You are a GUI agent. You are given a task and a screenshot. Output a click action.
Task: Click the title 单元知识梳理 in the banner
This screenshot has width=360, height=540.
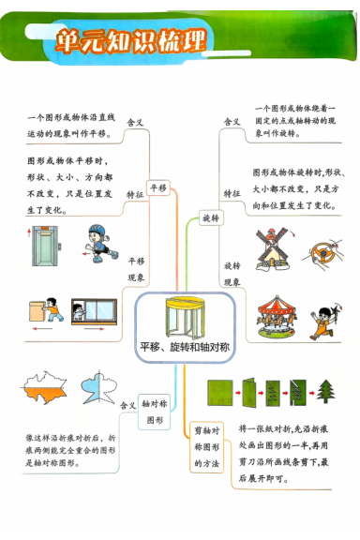(x=131, y=39)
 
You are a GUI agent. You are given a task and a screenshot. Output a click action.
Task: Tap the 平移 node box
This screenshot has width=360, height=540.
(x=157, y=187)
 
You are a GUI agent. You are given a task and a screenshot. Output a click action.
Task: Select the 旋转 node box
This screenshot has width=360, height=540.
(x=211, y=218)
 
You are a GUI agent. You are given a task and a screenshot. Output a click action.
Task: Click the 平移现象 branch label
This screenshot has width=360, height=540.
(x=136, y=270)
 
